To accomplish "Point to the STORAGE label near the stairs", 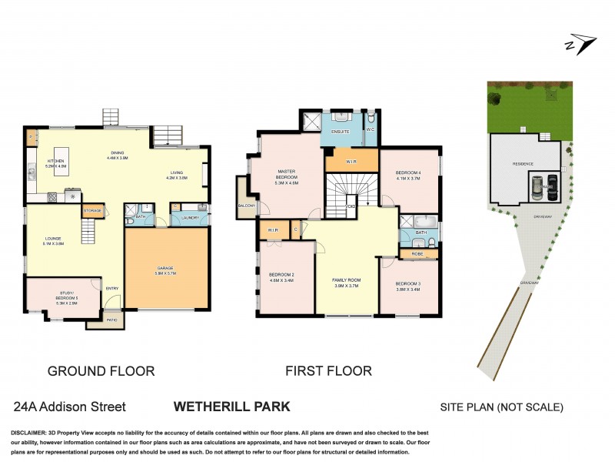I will coord(92,210).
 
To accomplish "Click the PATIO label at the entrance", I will coord(111,319).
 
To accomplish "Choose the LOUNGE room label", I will coord(52,239).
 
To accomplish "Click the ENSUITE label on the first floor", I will coord(341,132).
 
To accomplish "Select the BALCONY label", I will coord(247,206).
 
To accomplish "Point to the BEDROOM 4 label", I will coord(408,172).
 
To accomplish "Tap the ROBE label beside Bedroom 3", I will coord(417,253).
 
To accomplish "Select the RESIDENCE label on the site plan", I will coord(524,164).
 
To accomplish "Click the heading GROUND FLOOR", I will coord(101,371).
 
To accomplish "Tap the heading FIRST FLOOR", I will coord(328,371).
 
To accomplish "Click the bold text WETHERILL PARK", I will coord(231,406).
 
